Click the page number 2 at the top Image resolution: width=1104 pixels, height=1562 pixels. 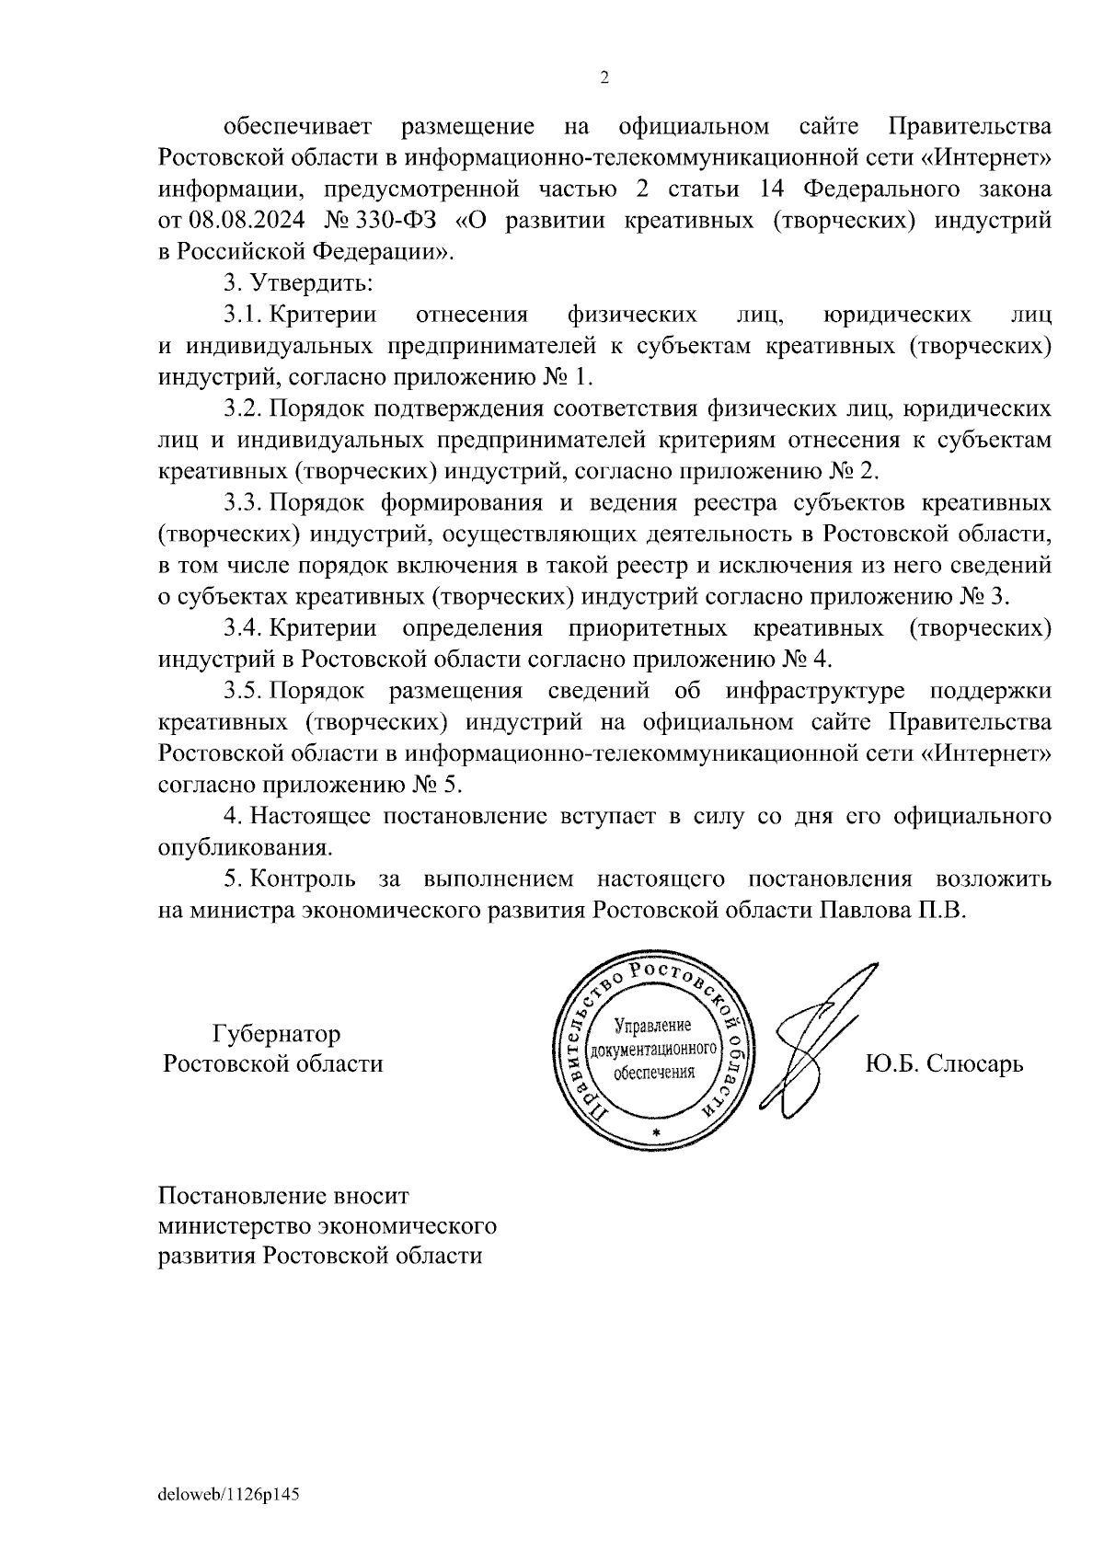point(604,78)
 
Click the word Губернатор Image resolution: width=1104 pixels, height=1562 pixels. point(276,1034)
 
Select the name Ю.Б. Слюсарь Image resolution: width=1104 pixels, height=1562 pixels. point(944,1064)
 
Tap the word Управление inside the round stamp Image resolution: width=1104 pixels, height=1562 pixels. point(651,1025)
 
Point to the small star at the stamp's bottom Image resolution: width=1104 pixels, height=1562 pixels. point(655,1131)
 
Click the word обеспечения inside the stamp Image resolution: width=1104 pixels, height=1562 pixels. point(653,1073)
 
